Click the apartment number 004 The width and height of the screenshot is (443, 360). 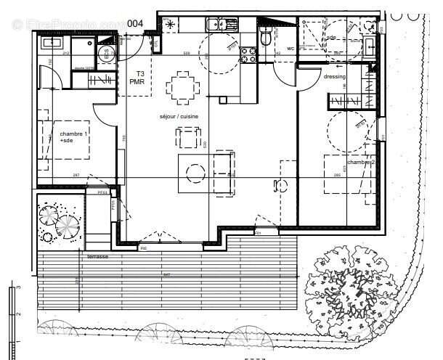(x=134, y=23)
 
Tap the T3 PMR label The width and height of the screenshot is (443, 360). (x=137, y=78)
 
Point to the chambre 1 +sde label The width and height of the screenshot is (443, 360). (x=73, y=138)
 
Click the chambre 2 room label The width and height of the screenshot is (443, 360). (x=361, y=163)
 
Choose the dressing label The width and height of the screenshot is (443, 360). (x=335, y=76)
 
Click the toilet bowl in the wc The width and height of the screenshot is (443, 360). (x=266, y=36)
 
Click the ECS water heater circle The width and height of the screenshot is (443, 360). (x=104, y=52)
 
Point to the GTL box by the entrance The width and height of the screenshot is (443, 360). (x=156, y=46)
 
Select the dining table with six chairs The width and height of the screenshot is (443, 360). (x=182, y=88)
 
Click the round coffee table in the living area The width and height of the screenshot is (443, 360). (x=195, y=173)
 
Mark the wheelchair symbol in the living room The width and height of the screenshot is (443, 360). (x=279, y=186)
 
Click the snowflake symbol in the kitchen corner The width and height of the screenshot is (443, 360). (x=171, y=25)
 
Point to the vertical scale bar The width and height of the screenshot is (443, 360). (x=12, y=319)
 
